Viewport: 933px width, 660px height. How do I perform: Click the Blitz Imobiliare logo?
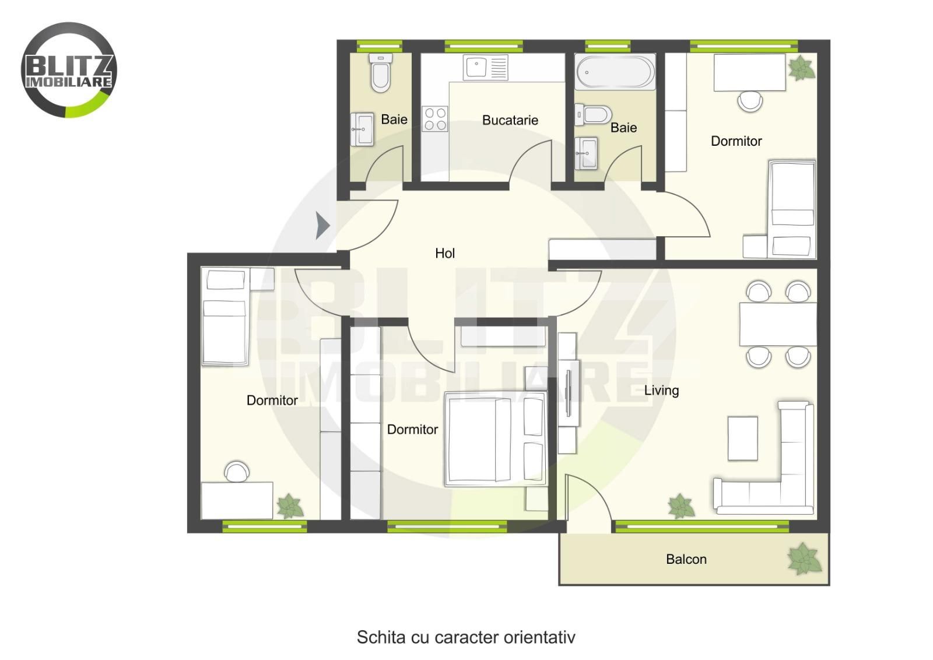pyautogui.click(x=69, y=70)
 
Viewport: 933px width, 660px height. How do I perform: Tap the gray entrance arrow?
pyautogui.click(x=322, y=226)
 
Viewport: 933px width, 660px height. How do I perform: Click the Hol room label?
pyautogui.click(x=445, y=253)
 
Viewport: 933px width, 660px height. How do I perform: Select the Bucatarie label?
pyautogui.click(x=510, y=120)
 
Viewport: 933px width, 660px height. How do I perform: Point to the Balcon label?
pyautogui.click(x=686, y=559)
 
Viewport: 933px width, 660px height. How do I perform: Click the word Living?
pyautogui.click(x=661, y=391)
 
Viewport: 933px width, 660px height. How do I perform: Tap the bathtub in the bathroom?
pyautogui.click(x=615, y=72)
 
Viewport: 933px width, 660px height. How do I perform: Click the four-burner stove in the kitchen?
pyautogui.click(x=435, y=119)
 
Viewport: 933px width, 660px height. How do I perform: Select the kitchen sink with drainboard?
pyautogui.click(x=486, y=68)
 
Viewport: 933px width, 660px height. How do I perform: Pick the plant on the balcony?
pyautogui.click(x=805, y=559)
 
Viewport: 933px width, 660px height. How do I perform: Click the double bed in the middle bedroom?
pyautogui.click(x=496, y=439)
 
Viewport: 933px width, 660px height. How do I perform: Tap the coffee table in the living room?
pyautogui.click(x=743, y=438)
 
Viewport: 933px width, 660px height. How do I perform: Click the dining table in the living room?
pyautogui.click(x=778, y=324)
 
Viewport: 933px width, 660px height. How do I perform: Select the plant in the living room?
pyautogui.click(x=681, y=506)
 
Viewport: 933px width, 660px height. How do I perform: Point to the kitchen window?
pyautogui.click(x=483, y=46)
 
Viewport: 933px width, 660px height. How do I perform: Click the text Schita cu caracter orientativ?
pyautogui.click(x=466, y=637)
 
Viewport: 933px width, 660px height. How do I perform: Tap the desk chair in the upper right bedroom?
pyautogui.click(x=750, y=101)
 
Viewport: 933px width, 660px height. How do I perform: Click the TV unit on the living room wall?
pyautogui.click(x=568, y=392)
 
